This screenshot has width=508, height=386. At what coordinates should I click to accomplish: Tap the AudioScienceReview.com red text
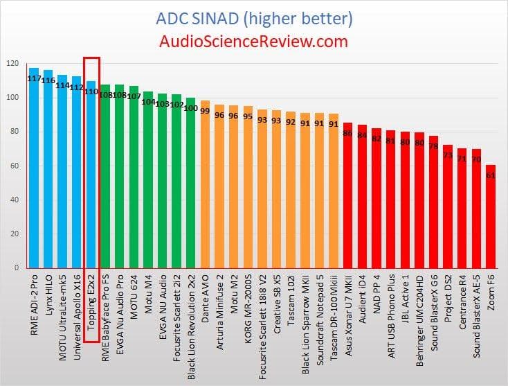point(253,42)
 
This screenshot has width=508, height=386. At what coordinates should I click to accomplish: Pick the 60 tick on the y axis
point(14,166)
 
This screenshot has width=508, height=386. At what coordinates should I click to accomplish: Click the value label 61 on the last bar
point(490,175)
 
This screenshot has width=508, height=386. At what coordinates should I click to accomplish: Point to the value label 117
point(34,78)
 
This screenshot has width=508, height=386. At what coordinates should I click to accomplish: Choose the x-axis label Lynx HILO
point(48,297)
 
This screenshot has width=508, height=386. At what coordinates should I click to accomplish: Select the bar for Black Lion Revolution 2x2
point(191,183)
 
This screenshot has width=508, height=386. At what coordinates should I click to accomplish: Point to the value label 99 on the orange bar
point(205,110)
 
